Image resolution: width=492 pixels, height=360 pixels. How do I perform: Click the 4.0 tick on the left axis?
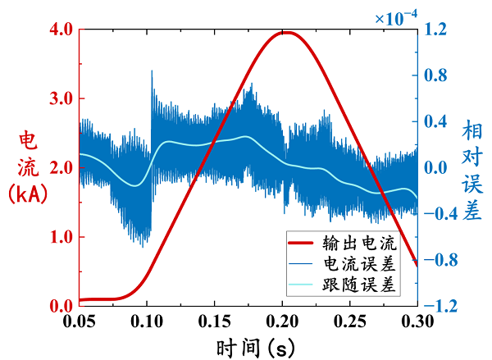coord(61,30)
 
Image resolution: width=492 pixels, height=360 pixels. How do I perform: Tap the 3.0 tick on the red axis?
coord(61,98)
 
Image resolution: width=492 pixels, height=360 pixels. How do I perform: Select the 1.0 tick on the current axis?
coord(61,237)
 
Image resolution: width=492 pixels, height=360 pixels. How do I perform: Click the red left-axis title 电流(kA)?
coord(27,168)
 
